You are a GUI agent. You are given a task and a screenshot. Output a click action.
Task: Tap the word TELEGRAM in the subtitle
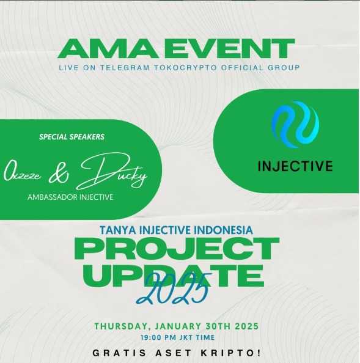click(x=125, y=68)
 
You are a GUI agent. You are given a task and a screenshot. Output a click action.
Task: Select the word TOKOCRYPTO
click(x=185, y=68)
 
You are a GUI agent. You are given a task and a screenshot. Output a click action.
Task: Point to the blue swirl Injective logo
click(x=295, y=124)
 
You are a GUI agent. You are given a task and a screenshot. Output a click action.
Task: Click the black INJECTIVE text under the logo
click(x=295, y=166)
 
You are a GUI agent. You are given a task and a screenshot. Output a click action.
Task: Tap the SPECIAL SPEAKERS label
click(x=72, y=137)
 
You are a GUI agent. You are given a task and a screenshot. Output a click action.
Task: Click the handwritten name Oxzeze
click(x=22, y=174)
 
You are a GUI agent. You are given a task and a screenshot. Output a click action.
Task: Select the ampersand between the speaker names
click(x=58, y=174)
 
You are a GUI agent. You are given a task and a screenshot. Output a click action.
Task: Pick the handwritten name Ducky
click(x=112, y=171)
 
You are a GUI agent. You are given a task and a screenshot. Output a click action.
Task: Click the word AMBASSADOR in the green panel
click(x=53, y=197)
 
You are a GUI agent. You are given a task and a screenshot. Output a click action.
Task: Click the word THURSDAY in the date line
click(x=122, y=326)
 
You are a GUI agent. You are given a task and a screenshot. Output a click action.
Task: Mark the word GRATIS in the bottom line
click(x=119, y=353)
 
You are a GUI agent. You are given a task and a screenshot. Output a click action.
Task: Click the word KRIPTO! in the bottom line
click(x=230, y=353)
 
